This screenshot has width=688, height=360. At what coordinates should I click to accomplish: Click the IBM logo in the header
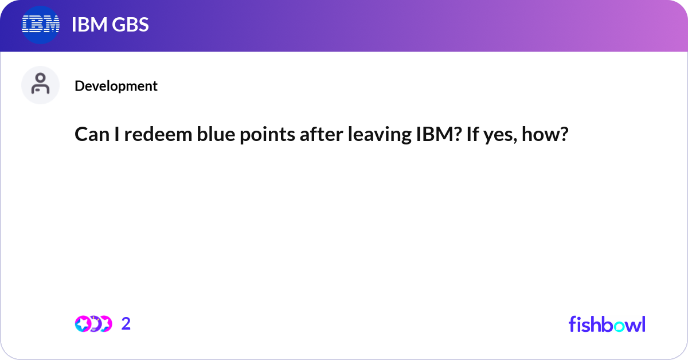[41, 25]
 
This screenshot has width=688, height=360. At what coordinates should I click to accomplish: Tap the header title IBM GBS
[110, 25]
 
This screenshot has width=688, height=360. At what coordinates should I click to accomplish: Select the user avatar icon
[40, 85]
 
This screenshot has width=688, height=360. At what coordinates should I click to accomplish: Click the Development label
[116, 86]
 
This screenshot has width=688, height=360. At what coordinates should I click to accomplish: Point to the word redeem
[158, 134]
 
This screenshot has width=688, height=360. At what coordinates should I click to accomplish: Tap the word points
[267, 135]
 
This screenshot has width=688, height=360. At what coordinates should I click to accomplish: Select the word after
[321, 134]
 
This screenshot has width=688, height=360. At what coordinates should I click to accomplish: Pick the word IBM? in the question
[439, 134]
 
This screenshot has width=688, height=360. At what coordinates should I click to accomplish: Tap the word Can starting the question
[92, 134]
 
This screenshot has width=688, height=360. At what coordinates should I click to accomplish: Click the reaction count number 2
[126, 324]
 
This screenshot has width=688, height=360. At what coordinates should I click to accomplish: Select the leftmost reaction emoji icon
[83, 324]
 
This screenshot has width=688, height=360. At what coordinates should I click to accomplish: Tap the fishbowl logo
[607, 324]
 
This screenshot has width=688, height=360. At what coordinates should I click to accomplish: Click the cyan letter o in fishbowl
[619, 327]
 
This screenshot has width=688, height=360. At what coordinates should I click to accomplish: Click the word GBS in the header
[130, 25]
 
